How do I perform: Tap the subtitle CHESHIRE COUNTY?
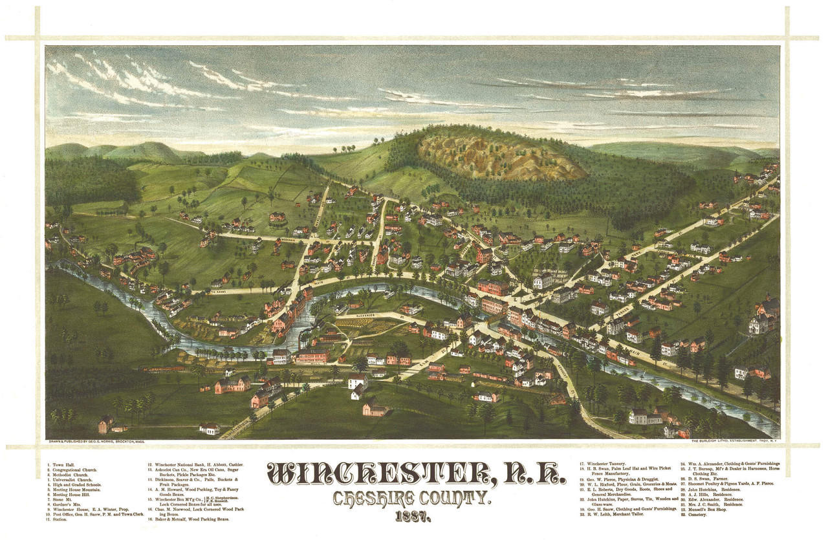412,499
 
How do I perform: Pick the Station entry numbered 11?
60,519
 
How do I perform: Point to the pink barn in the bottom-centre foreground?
375,408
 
